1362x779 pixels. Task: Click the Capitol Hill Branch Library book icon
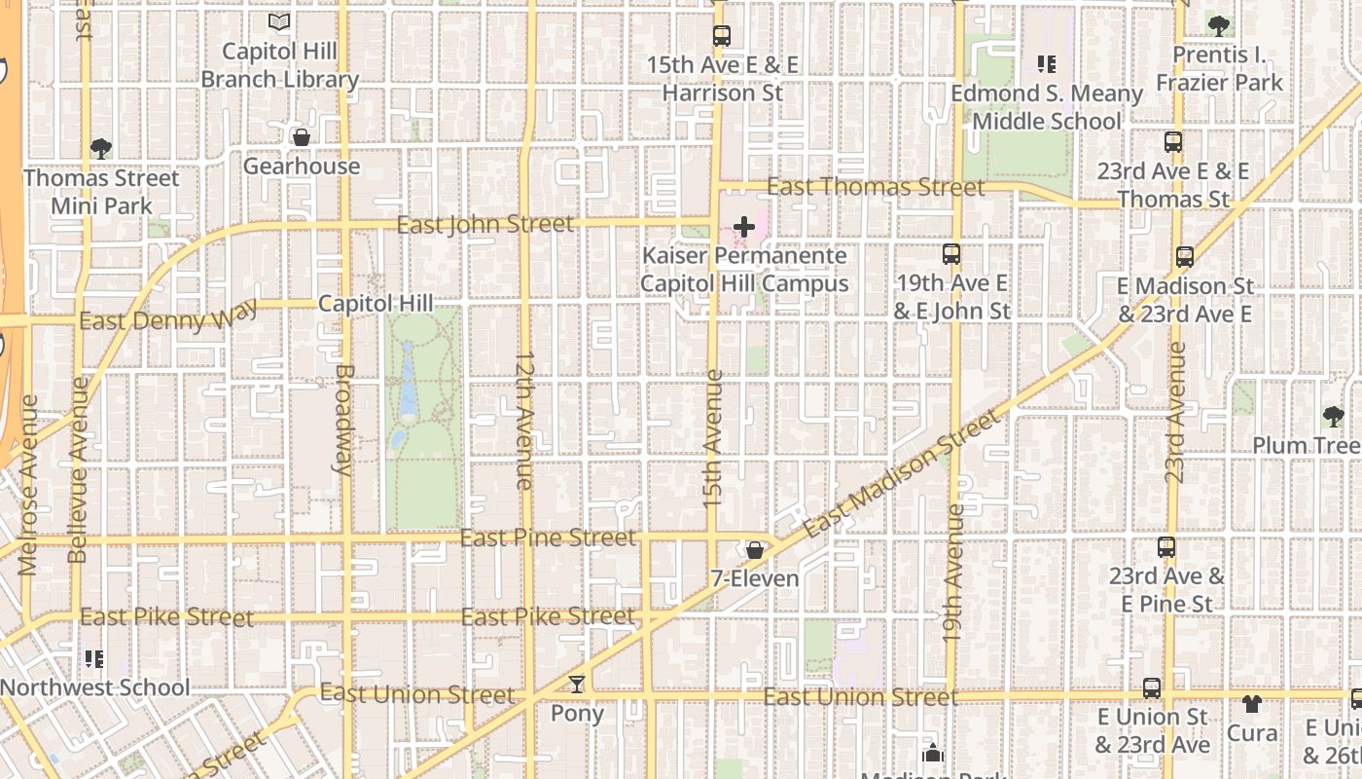(x=280, y=20)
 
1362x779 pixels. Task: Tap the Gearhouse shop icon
(x=302, y=137)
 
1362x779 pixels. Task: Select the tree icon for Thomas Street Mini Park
(x=100, y=149)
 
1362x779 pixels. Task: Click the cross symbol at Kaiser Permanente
(x=744, y=227)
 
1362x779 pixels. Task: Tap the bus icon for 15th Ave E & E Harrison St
(x=721, y=36)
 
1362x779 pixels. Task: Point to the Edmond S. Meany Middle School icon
(x=1047, y=64)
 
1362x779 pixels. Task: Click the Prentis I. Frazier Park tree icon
(x=1218, y=25)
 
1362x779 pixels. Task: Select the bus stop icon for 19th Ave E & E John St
(x=951, y=254)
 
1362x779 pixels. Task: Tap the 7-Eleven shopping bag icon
(x=754, y=550)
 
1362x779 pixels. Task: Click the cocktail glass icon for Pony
(x=577, y=685)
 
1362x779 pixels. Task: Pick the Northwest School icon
(x=94, y=659)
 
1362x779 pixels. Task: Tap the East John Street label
(x=485, y=225)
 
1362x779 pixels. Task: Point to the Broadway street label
(x=342, y=419)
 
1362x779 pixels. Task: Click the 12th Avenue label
(x=524, y=421)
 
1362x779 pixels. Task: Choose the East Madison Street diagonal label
(x=902, y=474)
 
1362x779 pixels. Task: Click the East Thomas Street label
(x=876, y=186)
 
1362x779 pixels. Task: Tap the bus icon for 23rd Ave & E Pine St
(x=1166, y=547)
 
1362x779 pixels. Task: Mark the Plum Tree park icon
(x=1333, y=417)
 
